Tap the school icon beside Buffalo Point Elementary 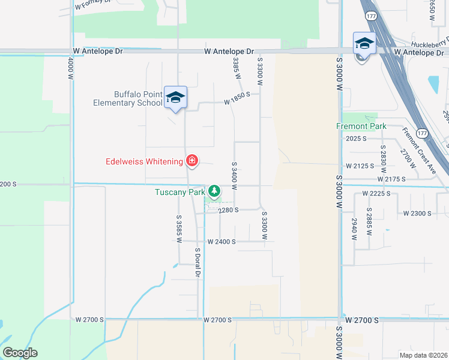[175, 98]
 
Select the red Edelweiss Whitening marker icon [192, 161]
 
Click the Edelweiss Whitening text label [144, 161]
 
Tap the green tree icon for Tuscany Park [214, 192]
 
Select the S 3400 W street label [234, 172]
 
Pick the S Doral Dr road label [197, 262]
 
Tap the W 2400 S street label [221, 241]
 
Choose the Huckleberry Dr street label [430, 44]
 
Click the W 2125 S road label [360, 165]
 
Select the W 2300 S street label [418, 213]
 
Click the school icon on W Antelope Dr [364, 44]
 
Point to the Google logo [20, 353]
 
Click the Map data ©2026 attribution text [423, 355]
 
